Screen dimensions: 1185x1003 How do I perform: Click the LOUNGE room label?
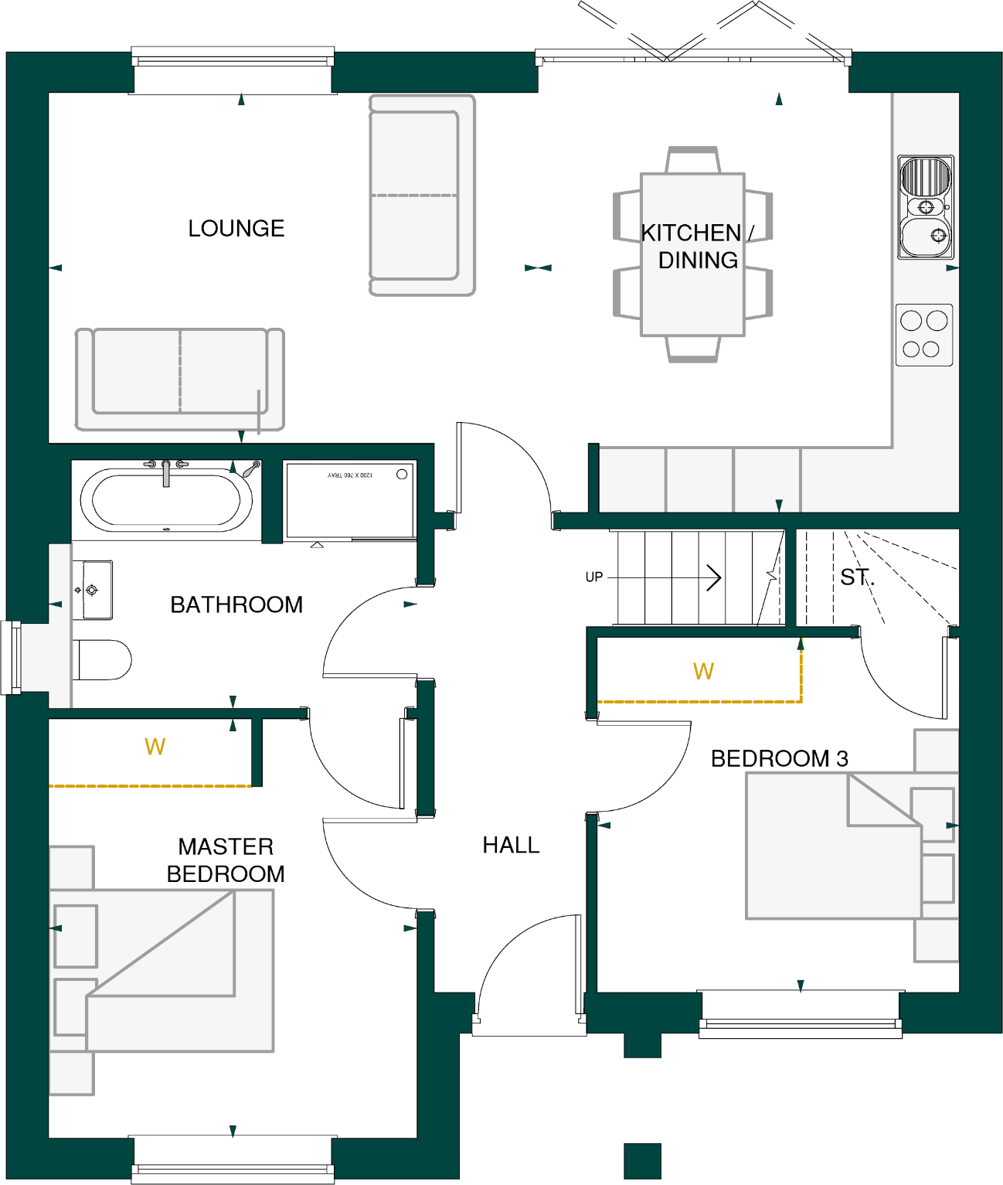click(236, 228)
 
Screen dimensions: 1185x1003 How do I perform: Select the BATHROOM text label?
click(236, 604)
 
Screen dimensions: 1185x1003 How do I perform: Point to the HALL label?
click(511, 845)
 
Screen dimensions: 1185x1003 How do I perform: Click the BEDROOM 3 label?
click(779, 758)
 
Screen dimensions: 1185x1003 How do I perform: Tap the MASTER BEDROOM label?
click(226, 860)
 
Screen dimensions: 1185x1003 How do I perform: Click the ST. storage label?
click(857, 577)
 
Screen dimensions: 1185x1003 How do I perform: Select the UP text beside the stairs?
click(593, 577)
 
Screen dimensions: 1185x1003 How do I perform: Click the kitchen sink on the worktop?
click(925, 207)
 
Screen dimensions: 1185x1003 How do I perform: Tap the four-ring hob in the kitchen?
click(924, 335)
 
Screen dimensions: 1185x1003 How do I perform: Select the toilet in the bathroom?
click(104, 660)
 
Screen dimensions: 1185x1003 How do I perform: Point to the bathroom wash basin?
click(95, 590)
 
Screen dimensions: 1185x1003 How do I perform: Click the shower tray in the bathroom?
click(350, 500)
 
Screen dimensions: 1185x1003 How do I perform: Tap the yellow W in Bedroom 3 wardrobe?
click(703, 671)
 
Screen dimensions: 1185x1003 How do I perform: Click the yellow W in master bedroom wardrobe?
click(155, 747)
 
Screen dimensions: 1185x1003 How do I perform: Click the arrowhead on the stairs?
click(715, 577)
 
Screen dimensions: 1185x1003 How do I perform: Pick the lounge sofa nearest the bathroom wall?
click(179, 379)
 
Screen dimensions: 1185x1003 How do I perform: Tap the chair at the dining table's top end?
click(692, 160)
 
